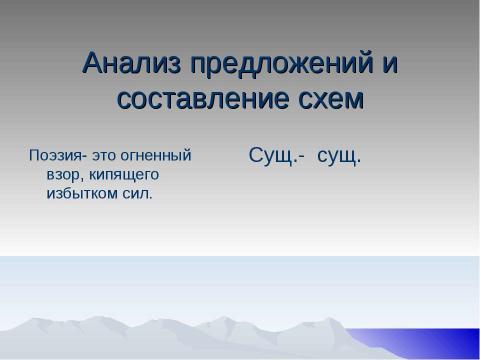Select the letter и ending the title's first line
coord(388,66)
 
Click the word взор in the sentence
coord(64,175)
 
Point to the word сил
coord(138,193)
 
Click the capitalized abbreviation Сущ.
coord(273,156)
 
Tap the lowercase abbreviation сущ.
coord(338,156)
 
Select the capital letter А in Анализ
coord(93,64)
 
